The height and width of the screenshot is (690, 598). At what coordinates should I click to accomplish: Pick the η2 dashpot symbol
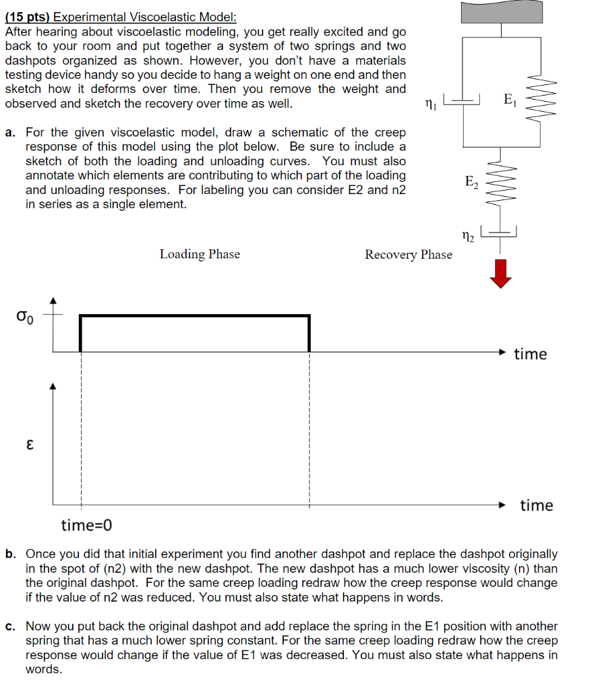point(500,233)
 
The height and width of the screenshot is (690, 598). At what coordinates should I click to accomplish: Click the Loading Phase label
point(200,254)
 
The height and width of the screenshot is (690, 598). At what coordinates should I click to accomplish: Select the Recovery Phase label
point(409,255)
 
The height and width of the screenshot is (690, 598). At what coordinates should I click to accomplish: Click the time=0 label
point(86,525)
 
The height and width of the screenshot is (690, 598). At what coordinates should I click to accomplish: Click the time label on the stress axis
point(531,354)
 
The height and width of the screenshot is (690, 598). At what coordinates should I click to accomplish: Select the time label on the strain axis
point(536,505)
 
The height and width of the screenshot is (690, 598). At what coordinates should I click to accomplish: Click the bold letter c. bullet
point(10,627)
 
